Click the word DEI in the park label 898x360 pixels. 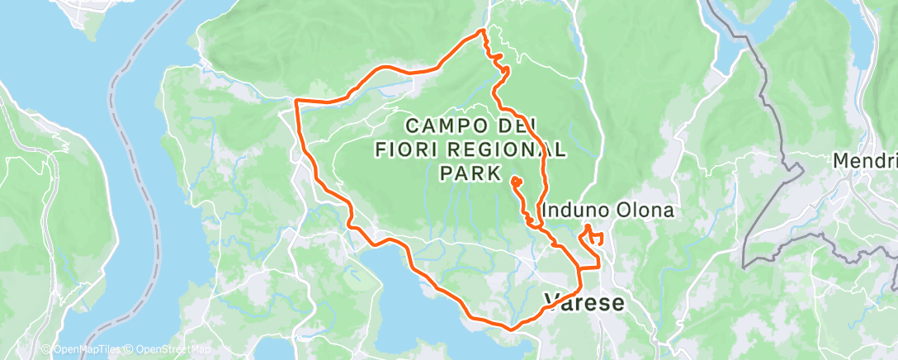click(x=513, y=126)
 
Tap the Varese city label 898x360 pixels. click(x=584, y=302)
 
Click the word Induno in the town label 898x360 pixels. click(x=574, y=211)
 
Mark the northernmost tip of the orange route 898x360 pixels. click(x=484, y=31)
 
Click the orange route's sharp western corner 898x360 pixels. click(x=296, y=102)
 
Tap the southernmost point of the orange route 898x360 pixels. click(x=510, y=329)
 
